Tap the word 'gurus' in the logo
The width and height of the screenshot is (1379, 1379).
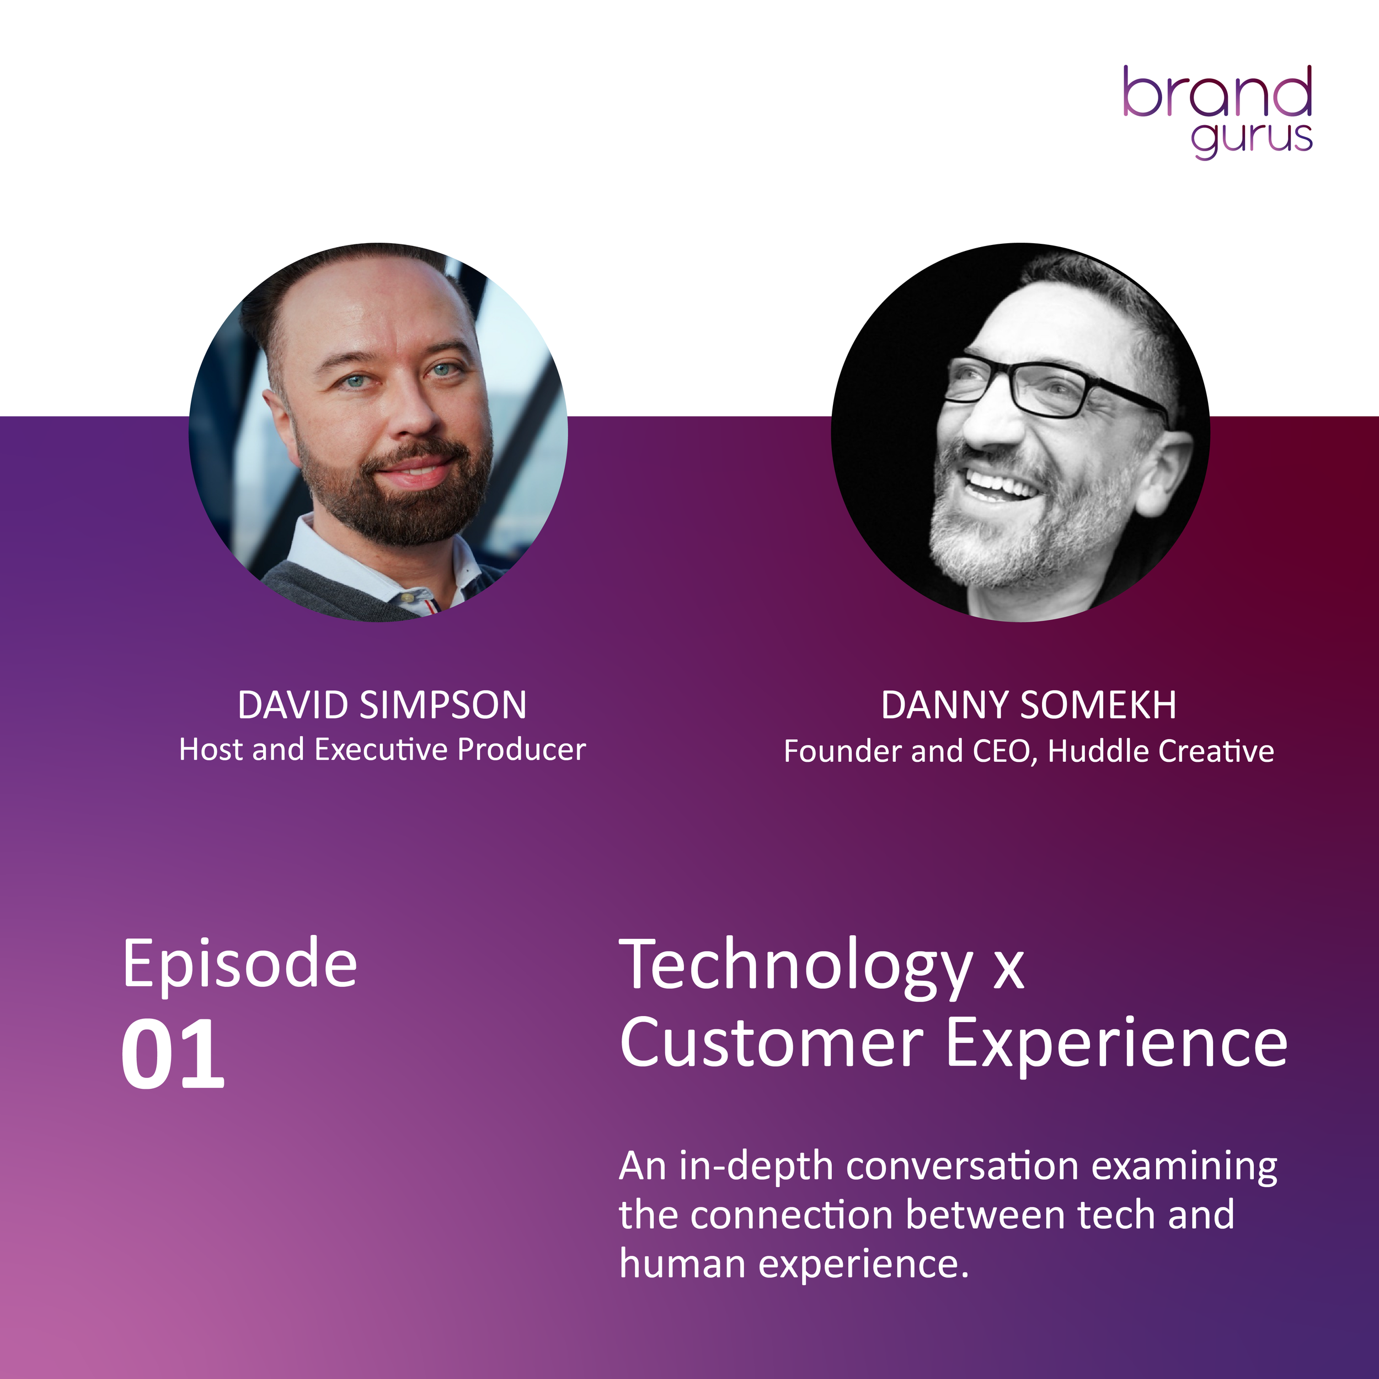pos(1251,138)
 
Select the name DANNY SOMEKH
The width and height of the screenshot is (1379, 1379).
pos(1029,705)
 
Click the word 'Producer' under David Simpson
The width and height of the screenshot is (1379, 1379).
pos(521,750)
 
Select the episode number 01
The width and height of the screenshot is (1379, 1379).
pos(173,1054)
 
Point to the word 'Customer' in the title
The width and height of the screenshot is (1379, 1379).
pos(772,1044)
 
